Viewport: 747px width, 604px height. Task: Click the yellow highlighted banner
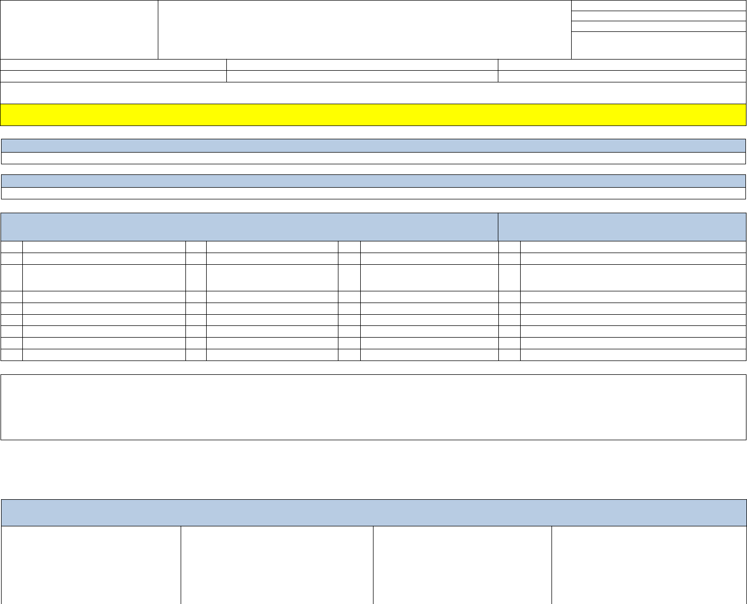click(x=373, y=115)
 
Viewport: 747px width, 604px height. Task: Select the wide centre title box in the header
click(x=364, y=30)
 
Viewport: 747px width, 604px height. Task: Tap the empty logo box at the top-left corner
click(x=79, y=30)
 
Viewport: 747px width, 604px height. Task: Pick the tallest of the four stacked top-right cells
click(x=659, y=45)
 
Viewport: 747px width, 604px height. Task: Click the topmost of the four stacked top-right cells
click(x=659, y=5)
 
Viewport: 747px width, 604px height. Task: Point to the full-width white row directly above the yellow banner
click(x=373, y=93)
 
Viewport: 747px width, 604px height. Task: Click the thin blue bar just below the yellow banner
click(x=373, y=146)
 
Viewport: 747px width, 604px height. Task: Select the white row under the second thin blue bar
click(x=373, y=194)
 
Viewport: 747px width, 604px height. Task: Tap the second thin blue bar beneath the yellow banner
click(x=373, y=181)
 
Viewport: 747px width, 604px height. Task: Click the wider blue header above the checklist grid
click(x=249, y=227)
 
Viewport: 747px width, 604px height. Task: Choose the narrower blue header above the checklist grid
click(x=622, y=227)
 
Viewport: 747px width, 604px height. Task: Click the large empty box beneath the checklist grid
click(x=373, y=407)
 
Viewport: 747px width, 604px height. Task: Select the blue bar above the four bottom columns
click(x=373, y=513)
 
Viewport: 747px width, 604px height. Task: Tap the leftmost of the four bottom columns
click(x=91, y=565)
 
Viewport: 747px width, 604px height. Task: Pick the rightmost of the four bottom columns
click(x=649, y=565)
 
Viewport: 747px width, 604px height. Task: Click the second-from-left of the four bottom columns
click(x=277, y=565)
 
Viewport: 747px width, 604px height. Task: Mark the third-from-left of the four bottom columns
click(x=462, y=565)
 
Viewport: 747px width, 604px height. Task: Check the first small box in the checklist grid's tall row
click(x=12, y=278)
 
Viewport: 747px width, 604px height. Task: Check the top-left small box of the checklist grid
click(x=12, y=247)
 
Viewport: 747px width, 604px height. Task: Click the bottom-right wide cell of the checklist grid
click(x=633, y=355)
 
